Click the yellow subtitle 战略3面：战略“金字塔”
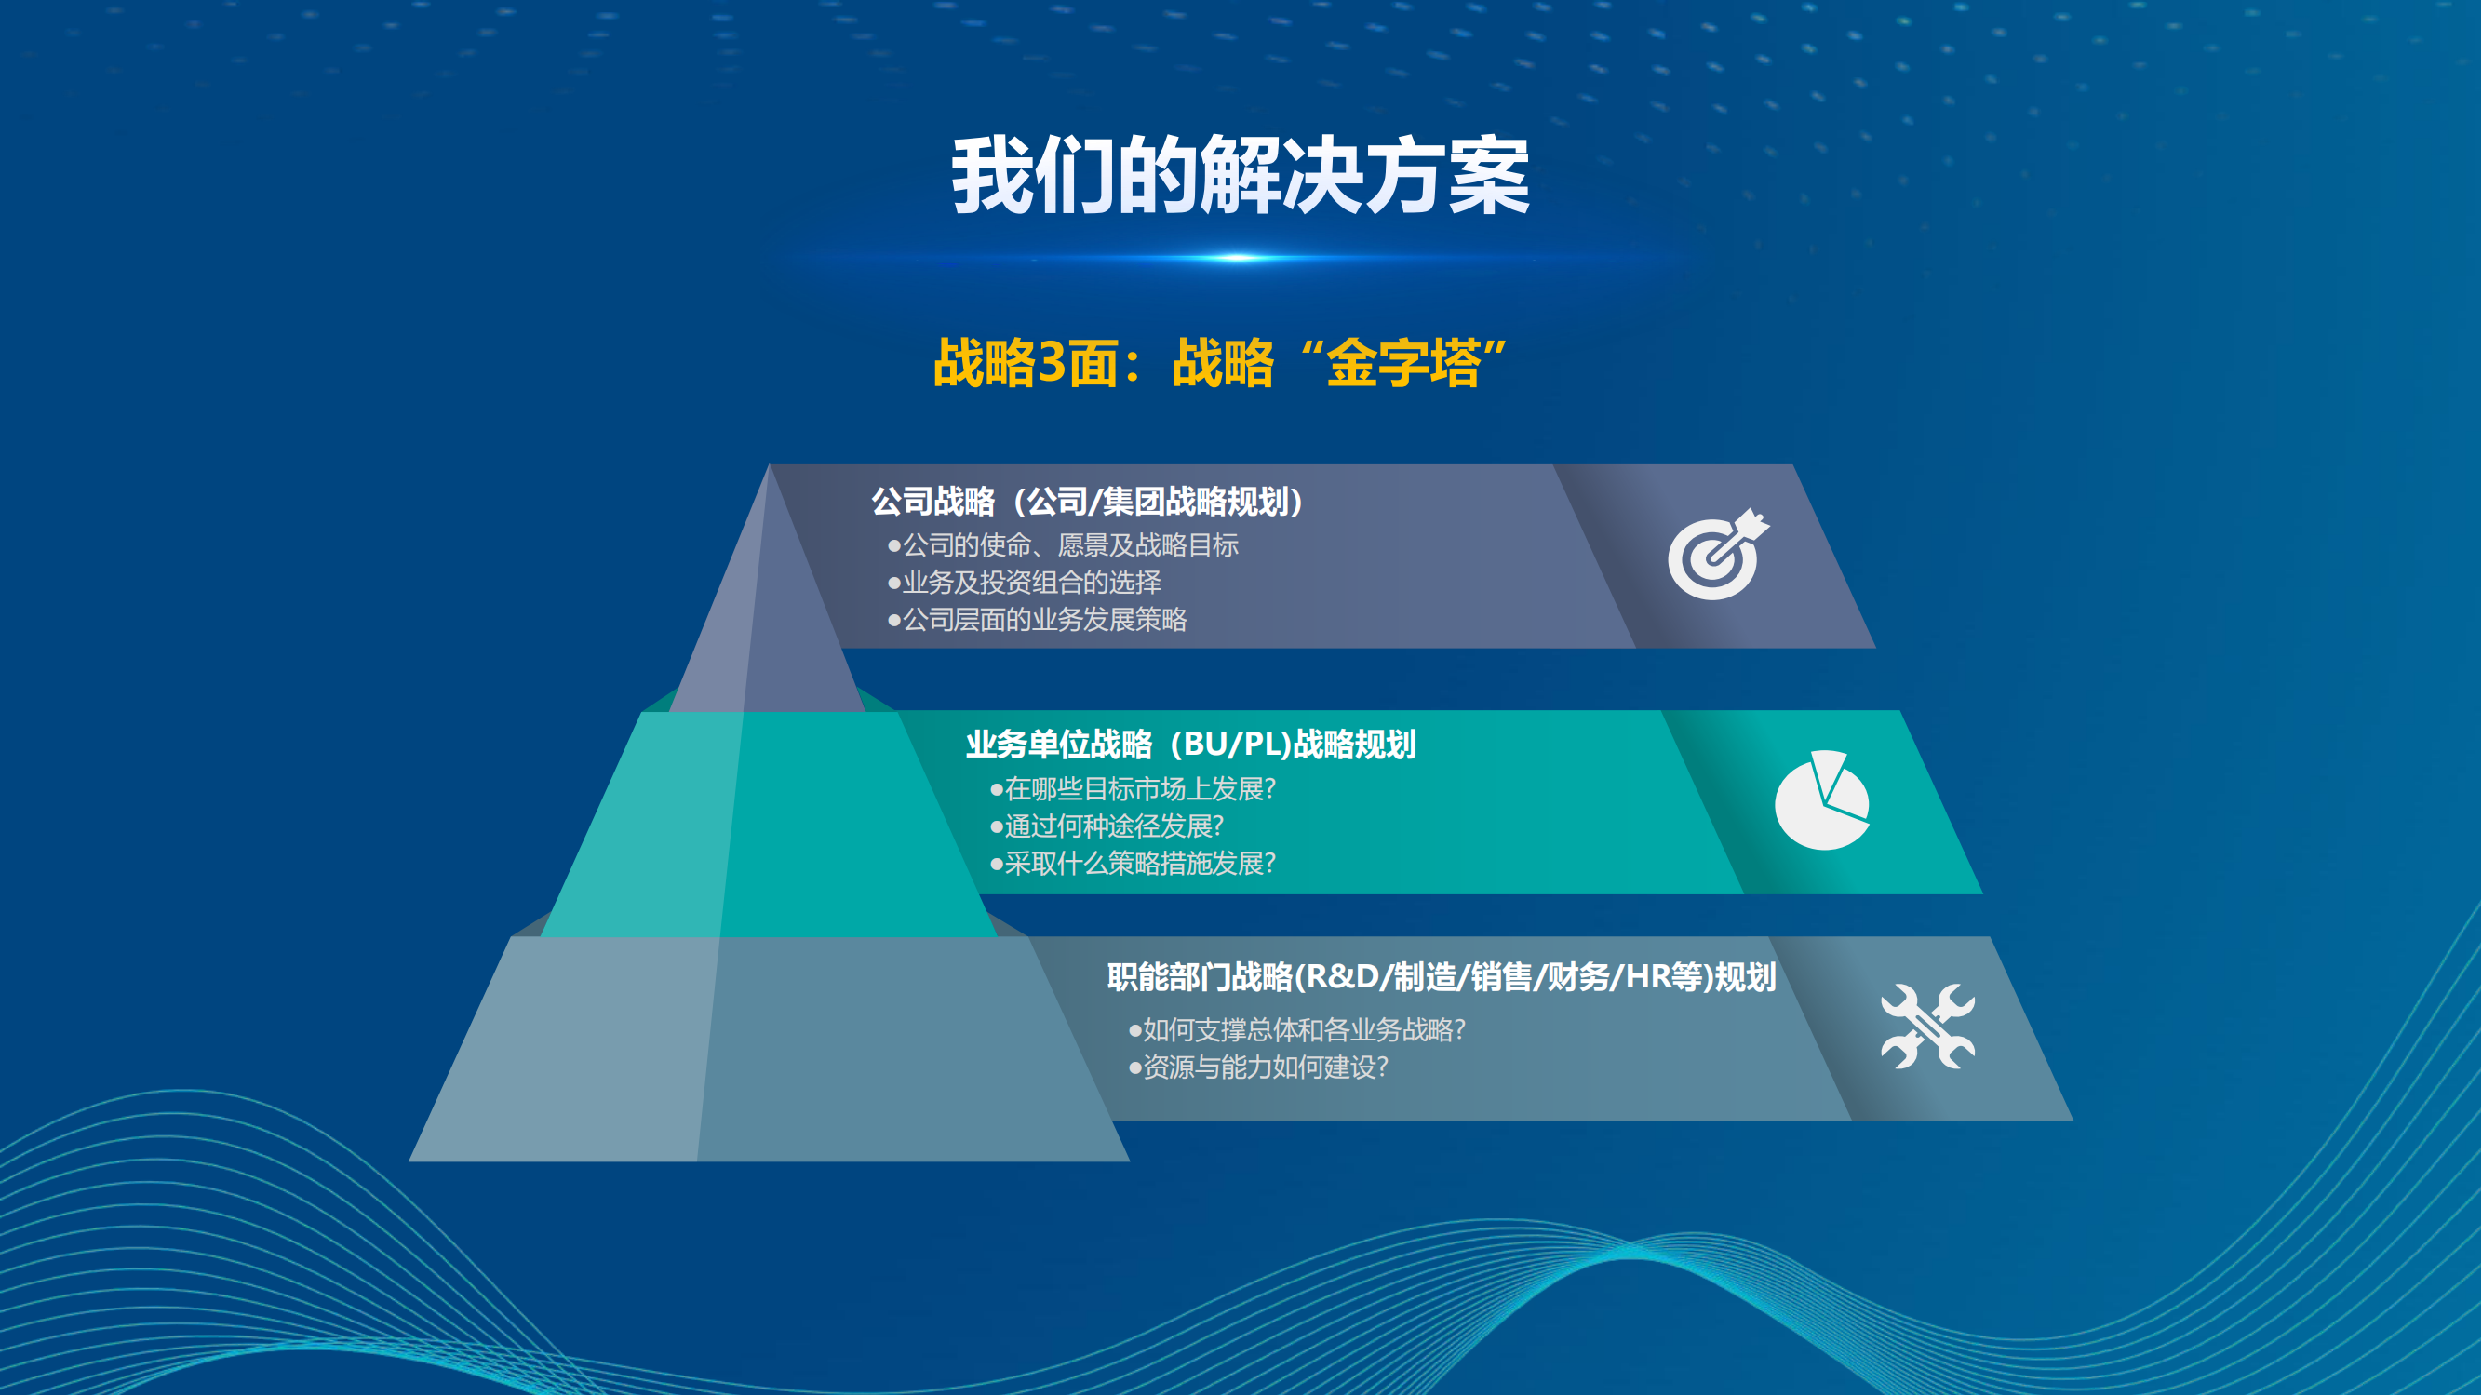tap(1221, 363)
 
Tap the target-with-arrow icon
tap(1719, 555)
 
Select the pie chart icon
tap(1822, 799)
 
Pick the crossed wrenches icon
tap(1928, 1026)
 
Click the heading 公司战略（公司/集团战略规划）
tap(1088, 502)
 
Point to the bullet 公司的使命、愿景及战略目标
tap(1063, 545)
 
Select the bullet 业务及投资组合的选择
tap(1025, 582)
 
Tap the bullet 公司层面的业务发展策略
tap(1037, 620)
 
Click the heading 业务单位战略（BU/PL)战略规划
tap(1191, 744)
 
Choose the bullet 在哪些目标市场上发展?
tap(1134, 789)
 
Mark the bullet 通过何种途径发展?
tap(1107, 826)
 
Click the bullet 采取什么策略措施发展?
tap(1134, 863)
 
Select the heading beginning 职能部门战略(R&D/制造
tap(1442, 977)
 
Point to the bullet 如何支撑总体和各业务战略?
tap(1297, 1030)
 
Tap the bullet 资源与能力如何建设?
tap(1258, 1067)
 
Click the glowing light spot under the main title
tap(1239, 257)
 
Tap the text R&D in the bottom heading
tap(1344, 977)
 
